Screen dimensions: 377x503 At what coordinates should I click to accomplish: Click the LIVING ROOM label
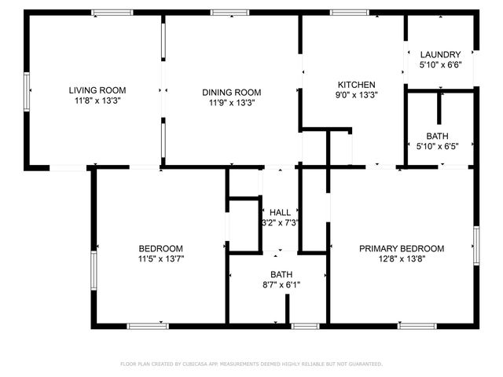pyautogui.click(x=97, y=90)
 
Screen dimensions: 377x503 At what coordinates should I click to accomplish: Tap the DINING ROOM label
pyautogui.click(x=232, y=91)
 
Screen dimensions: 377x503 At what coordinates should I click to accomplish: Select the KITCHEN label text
pyautogui.click(x=356, y=85)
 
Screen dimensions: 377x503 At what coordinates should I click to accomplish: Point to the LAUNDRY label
pyautogui.click(x=440, y=54)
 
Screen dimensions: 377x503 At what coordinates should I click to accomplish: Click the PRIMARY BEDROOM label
pyautogui.click(x=402, y=248)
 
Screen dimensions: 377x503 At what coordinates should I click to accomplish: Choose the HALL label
pyautogui.click(x=280, y=213)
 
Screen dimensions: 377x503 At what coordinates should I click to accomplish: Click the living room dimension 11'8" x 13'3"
pyautogui.click(x=97, y=101)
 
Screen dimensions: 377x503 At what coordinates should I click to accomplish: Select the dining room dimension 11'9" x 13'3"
pyautogui.click(x=232, y=102)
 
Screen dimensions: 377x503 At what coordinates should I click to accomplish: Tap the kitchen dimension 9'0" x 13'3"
pyautogui.click(x=356, y=96)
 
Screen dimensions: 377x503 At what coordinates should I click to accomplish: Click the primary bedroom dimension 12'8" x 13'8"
pyautogui.click(x=402, y=259)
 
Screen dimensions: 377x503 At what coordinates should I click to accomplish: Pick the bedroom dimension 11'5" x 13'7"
pyautogui.click(x=161, y=258)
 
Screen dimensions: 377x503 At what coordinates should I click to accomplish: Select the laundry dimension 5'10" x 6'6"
pyautogui.click(x=440, y=65)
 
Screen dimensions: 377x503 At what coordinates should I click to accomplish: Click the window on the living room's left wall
pyautogui.click(x=27, y=91)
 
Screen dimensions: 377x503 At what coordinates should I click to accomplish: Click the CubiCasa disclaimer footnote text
pyautogui.click(x=251, y=364)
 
